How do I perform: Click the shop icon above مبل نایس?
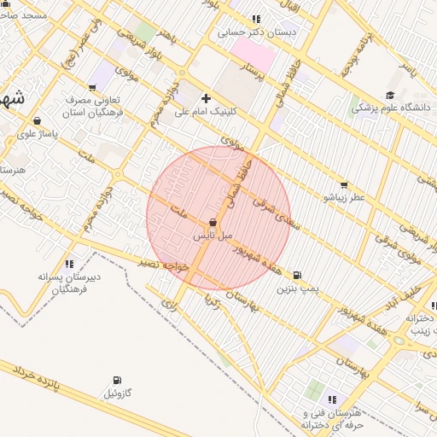pos(212,222)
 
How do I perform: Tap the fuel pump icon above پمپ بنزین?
pos(297,276)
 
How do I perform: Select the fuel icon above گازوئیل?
pos(117,381)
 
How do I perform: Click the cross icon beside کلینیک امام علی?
pos(206,98)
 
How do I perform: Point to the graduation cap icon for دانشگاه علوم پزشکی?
pos(390,96)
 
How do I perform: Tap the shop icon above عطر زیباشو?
pos(344,184)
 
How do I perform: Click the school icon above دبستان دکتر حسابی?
pos(256,19)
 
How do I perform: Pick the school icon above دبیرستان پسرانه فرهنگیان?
pos(69,264)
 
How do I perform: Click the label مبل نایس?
pos(212,235)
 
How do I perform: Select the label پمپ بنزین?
pos(297,289)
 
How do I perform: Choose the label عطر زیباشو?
pos(344,197)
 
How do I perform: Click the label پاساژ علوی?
pos(38,133)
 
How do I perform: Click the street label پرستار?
pos(255,73)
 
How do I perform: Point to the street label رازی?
pos(170,300)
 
